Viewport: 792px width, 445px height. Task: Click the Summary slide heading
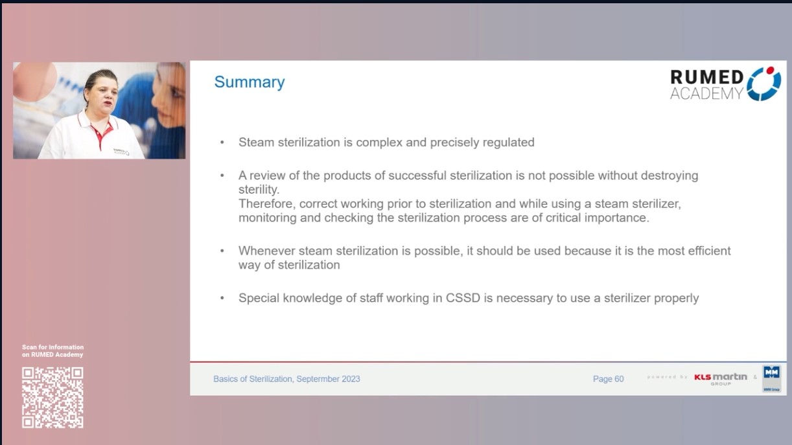tap(250, 82)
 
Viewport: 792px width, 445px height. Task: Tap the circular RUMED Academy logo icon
tap(764, 84)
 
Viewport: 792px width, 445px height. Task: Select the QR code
tap(52, 397)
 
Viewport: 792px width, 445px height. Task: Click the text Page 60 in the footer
tap(608, 379)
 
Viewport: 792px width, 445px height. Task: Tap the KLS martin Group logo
tap(720, 378)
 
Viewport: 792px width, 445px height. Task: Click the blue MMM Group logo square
tap(771, 374)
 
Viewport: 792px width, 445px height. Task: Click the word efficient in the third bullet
tap(706, 251)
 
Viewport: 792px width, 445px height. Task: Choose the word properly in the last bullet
tap(676, 298)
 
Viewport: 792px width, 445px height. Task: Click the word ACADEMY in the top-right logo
tap(706, 94)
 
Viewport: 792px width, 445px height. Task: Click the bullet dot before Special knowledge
tap(223, 298)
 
